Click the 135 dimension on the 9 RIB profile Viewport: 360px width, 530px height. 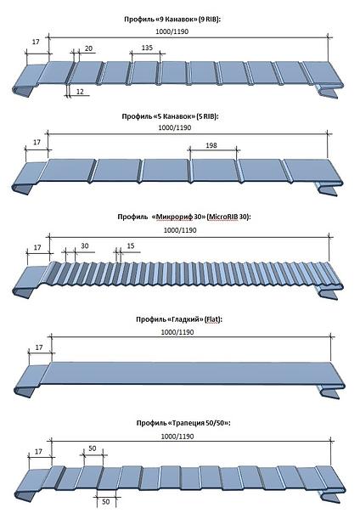coord(147,48)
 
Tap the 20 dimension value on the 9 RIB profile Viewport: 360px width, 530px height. coord(88,48)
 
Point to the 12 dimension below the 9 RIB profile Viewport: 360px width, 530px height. coord(80,91)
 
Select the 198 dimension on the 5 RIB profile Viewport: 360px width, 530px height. coord(211,145)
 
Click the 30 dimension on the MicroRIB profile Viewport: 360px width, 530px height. coord(85,245)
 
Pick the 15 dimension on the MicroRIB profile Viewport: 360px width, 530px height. coord(131,245)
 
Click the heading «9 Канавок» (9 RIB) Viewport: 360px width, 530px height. coord(172,20)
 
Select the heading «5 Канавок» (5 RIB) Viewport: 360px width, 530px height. coord(171,116)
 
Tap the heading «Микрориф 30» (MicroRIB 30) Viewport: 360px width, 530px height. coord(184,217)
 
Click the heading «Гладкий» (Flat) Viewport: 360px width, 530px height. coord(179,319)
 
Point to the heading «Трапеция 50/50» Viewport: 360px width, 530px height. coord(183,423)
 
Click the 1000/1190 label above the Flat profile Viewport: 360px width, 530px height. coord(177,332)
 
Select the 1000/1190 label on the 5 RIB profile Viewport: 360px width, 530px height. coord(174,127)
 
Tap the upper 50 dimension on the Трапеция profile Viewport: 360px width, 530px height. coord(93,448)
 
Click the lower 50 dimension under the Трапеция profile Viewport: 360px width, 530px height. coord(106,502)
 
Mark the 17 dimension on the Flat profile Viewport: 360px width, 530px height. coord(39,347)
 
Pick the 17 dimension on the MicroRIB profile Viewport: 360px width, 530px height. coord(37,247)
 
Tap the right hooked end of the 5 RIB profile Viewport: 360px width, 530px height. coord(327,189)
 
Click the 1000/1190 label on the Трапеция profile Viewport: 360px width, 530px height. coord(177,437)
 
